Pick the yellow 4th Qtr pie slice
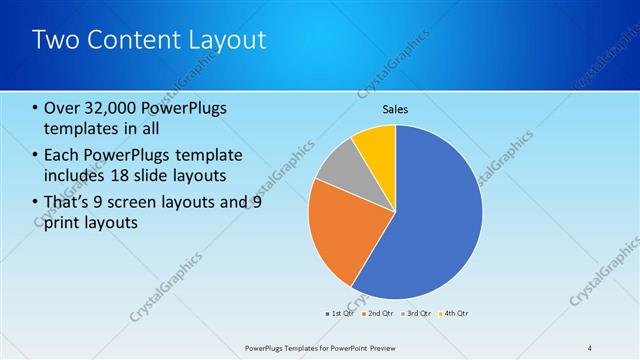point(377,144)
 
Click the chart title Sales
point(396,110)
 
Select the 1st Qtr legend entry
point(339,313)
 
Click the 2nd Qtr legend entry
point(379,313)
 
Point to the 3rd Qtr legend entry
point(417,313)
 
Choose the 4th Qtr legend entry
point(455,313)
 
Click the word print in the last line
point(62,222)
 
